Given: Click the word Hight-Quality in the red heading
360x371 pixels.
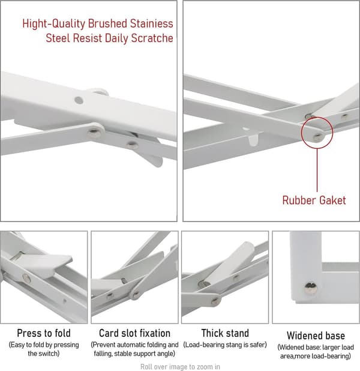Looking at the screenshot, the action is [53, 24].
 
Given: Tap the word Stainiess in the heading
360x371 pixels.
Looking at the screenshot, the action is [151, 23].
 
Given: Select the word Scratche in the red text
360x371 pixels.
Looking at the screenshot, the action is [152, 38].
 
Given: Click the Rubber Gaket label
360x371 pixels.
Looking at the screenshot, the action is [314, 200].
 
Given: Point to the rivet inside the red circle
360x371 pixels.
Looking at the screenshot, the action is [316, 137].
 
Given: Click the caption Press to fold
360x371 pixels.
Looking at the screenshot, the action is [44, 333].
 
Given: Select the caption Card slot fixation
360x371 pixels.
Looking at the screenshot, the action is [134, 333].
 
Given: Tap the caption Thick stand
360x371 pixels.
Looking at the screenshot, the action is [225, 333].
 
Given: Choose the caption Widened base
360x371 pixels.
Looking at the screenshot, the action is [316, 336].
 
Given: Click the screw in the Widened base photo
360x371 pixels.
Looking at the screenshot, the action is [310, 288].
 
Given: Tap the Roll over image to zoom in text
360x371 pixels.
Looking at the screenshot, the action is [180, 367].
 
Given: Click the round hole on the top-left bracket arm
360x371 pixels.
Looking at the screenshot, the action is [79, 100].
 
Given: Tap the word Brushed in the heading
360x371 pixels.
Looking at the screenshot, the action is [107, 23].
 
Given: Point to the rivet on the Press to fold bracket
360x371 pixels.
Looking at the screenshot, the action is [26, 279].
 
